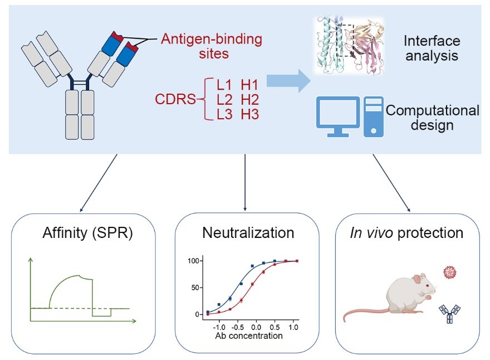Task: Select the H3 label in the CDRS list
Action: pyautogui.click(x=250, y=114)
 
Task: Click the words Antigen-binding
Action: pyautogui.click(x=211, y=40)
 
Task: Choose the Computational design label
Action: pyautogui.click(x=432, y=117)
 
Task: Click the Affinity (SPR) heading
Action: pyautogui.click(x=87, y=232)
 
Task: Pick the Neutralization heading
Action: pyautogui.click(x=248, y=232)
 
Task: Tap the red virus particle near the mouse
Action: pyautogui.click(x=449, y=273)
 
